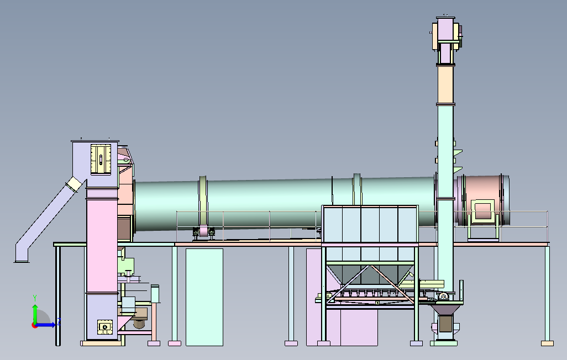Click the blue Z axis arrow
45,325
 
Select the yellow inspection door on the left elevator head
101,159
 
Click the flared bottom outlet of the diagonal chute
22,257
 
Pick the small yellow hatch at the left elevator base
105,327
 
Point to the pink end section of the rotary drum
483,200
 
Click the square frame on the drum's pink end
482,211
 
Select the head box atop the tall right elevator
446,33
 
